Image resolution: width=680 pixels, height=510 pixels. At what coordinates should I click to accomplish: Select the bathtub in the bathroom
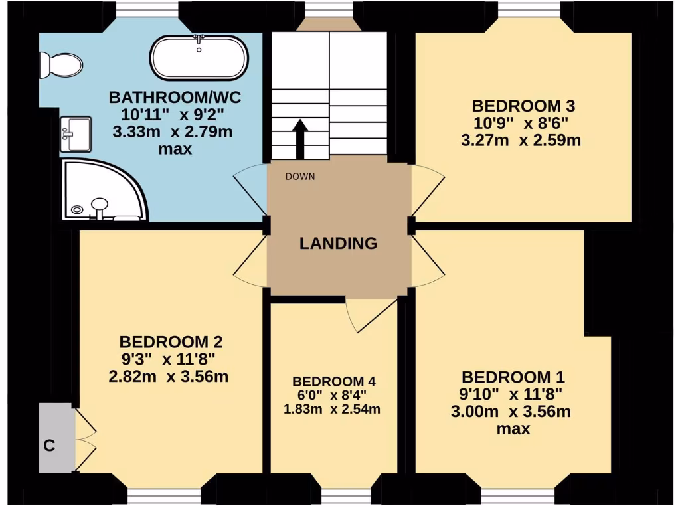(199, 58)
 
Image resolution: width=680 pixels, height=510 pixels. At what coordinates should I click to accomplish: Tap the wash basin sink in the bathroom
(76, 135)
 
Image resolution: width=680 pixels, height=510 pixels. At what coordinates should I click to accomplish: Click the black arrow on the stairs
(300, 138)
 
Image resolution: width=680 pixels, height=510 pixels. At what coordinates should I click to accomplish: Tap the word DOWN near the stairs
(300, 177)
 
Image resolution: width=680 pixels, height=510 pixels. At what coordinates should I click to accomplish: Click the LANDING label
(338, 243)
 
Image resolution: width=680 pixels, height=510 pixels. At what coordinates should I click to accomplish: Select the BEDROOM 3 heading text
(523, 106)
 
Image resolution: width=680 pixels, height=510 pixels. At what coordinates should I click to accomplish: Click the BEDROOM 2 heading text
(171, 342)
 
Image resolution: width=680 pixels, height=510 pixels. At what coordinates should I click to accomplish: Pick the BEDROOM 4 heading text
(334, 382)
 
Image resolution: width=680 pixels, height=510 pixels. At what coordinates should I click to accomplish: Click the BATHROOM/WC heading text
(175, 98)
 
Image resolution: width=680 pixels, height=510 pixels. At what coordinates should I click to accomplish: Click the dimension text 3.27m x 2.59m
(523, 140)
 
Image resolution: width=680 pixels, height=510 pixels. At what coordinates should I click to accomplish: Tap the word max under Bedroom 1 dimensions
(514, 429)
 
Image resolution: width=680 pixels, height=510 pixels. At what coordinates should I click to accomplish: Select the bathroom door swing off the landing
(249, 189)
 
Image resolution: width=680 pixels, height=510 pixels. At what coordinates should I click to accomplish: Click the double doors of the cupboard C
(84, 438)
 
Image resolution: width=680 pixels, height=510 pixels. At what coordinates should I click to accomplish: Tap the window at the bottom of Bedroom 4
(345, 495)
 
